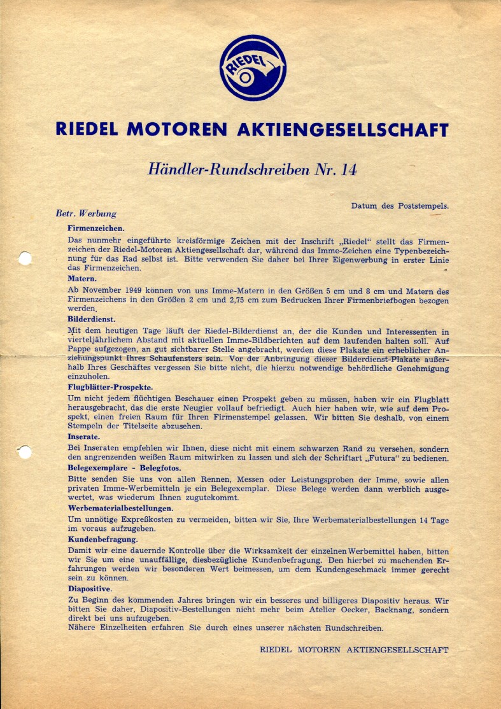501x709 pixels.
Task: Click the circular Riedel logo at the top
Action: (252, 68)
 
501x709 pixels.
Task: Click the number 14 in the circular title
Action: (349, 170)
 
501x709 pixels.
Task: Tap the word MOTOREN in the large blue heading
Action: (177, 129)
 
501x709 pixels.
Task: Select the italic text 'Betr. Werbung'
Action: (86, 214)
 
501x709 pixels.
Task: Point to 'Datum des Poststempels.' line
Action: (400, 206)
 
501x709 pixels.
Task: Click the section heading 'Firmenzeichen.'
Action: (95, 227)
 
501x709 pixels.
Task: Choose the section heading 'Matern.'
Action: (82, 279)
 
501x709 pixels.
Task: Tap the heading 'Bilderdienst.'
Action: (92, 318)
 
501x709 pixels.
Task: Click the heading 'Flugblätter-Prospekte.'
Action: (110, 386)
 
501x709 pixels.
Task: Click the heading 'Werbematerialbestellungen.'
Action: (120, 508)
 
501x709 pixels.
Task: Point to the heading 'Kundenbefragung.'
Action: (102, 539)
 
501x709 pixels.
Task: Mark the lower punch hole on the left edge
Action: (25, 453)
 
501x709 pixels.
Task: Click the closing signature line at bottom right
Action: (354, 650)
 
